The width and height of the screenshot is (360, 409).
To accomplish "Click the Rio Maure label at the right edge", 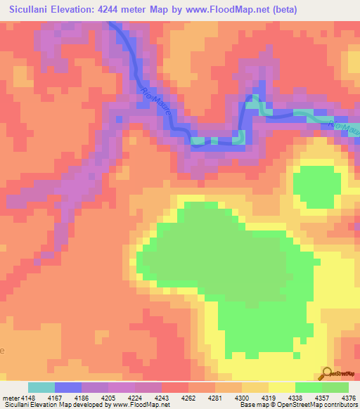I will point(344,127).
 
